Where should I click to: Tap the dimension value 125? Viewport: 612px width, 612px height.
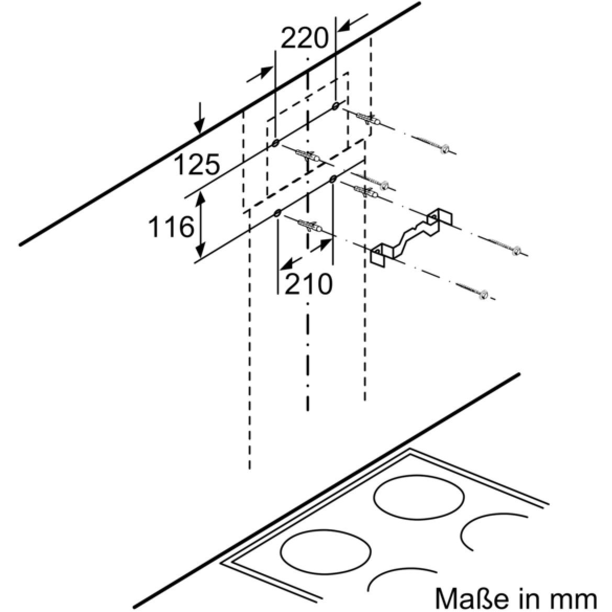197,164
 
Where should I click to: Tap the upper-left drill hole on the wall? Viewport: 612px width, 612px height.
275,143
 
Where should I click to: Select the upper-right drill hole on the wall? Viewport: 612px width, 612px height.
335,106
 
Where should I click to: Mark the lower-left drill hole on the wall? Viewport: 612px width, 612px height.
277,213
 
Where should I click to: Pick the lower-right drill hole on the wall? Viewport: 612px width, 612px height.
333,179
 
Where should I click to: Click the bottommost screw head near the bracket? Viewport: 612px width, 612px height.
484,295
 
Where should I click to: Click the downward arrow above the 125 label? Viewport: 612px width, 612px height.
199,117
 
